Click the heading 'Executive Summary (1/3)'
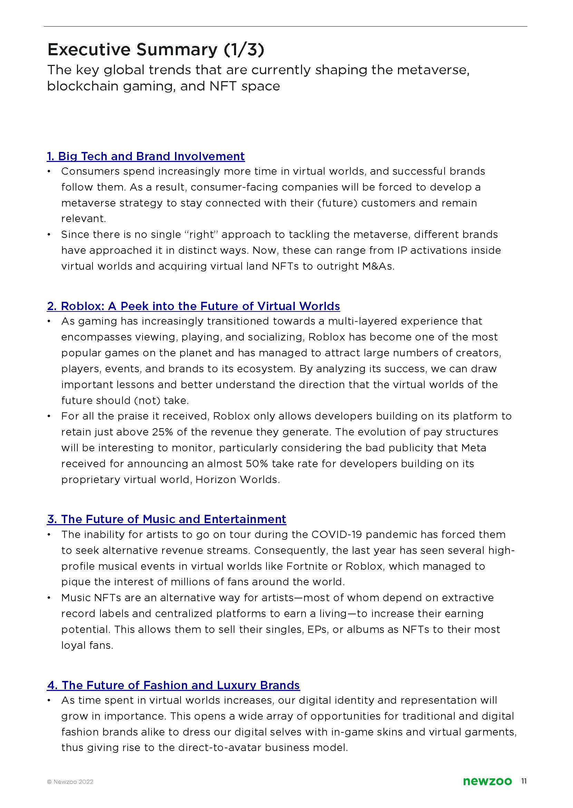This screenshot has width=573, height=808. [155, 50]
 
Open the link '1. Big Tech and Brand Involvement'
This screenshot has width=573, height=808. [146, 156]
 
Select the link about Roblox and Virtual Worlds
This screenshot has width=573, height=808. [193, 306]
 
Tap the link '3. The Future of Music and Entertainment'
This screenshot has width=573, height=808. [166, 519]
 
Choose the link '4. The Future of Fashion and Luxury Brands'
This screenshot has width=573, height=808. [173, 685]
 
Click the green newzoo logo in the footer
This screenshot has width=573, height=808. [487, 781]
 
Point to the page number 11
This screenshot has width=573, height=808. [524, 781]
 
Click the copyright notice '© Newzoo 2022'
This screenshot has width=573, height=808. [70, 782]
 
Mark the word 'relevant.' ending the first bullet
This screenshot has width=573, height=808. [84, 219]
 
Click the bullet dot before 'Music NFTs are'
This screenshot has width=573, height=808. [50, 598]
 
